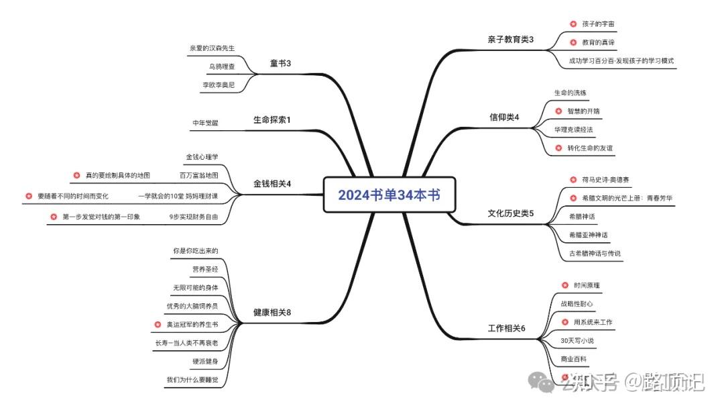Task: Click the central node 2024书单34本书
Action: (x=389, y=195)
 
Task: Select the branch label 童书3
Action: (x=280, y=64)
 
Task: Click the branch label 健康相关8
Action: (x=271, y=313)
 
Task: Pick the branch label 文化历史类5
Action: (x=511, y=213)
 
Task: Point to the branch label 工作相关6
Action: (x=506, y=328)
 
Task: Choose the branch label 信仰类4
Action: (x=504, y=118)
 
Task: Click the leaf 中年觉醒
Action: (x=205, y=123)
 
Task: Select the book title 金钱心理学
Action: (x=202, y=157)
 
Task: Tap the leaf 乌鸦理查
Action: (x=221, y=66)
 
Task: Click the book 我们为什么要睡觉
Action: (x=192, y=380)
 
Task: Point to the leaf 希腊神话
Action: (x=581, y=216)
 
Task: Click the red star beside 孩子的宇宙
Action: (x=573, y=24)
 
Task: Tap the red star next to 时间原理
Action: (x=564, y=285)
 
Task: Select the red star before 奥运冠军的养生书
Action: (x=158, y=325)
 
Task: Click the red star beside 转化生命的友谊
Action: (x=559, y=148)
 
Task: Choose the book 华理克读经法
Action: (x=573, y=129)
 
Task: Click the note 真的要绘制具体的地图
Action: (x=117, y=176)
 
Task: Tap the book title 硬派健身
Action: (x=204, y=362)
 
